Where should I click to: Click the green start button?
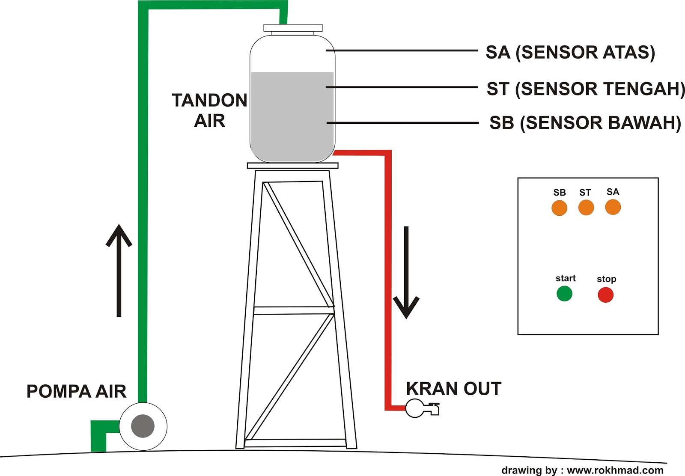[x=564, y=294]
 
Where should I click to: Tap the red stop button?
[x=605, y=295]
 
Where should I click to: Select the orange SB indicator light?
[x=559, y=208]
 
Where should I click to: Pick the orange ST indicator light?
[x=586, y=208]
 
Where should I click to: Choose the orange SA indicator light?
[x=613, y=207]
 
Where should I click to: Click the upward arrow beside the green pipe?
[x=119, y=270]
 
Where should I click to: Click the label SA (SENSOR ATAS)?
[x=570, y=52]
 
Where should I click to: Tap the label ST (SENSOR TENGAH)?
[x=585, y=89]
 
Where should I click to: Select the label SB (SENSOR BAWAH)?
[x=585, y=123]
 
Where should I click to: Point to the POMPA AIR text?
[x=76, y=391]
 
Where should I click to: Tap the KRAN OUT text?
[x=453, y=389]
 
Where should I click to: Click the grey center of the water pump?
[x=143, y=426]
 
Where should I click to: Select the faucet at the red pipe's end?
[x=422, y=408]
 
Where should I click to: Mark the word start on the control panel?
[x=566, y=278]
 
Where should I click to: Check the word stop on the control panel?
[x=606, y=279]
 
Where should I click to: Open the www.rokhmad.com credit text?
[x=615, y=470]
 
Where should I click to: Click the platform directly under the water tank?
[x=292, y=166]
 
